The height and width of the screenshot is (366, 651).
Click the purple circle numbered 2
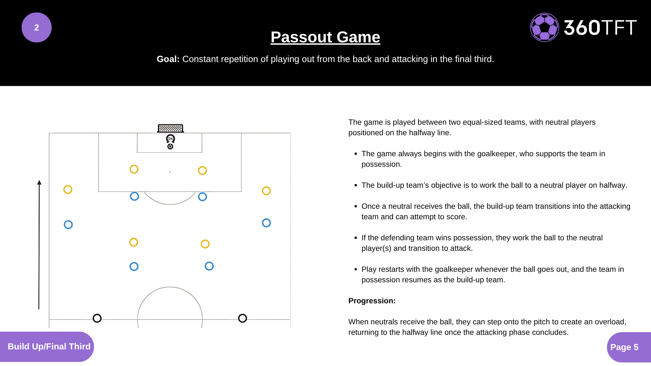tap(37, 27)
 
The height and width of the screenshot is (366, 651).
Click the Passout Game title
tap(325, 37)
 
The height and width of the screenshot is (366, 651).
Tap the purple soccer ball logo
tap(544, 27)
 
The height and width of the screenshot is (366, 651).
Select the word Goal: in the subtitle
tap(168, 59)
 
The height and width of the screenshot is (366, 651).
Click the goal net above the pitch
tap(171, 128)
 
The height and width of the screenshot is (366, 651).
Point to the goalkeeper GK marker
tap(171, 139)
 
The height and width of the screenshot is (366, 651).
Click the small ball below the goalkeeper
tap(170, 146)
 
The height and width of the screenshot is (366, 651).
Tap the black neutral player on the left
tap(97, 318)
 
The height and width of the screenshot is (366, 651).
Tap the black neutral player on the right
tap(242, 318)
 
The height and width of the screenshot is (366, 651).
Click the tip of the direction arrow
tap(39, 182)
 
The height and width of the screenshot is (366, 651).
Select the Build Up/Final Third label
tap(49, 346)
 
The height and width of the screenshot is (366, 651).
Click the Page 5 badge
tap(624, 347)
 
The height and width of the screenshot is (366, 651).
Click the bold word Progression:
tap(372, 301)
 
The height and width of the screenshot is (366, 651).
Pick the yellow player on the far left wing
tap(68, 189)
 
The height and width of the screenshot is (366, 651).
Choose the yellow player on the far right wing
tap(267, 191)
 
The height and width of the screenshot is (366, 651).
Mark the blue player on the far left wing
tap(68, 225)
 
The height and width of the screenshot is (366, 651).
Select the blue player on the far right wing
tap(267, 223)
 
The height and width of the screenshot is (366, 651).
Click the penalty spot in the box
tap(170, 172)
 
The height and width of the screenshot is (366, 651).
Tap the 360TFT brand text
tap(600, 27)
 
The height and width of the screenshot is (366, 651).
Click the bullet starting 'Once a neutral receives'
tap(496, 211)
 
